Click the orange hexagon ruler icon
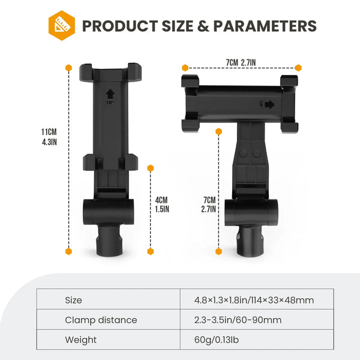pos(62,25)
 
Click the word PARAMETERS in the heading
pos(265,26)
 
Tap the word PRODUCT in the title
pos(120,26)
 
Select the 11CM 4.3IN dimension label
pos(49,137)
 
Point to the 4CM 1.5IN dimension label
pos(162,205)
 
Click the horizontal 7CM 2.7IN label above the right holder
pos(241,62)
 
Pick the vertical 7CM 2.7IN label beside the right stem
pos(208,205)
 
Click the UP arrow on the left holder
pos(110,97)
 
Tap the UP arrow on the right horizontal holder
pos(267,104)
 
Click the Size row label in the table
pos(73,300)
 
